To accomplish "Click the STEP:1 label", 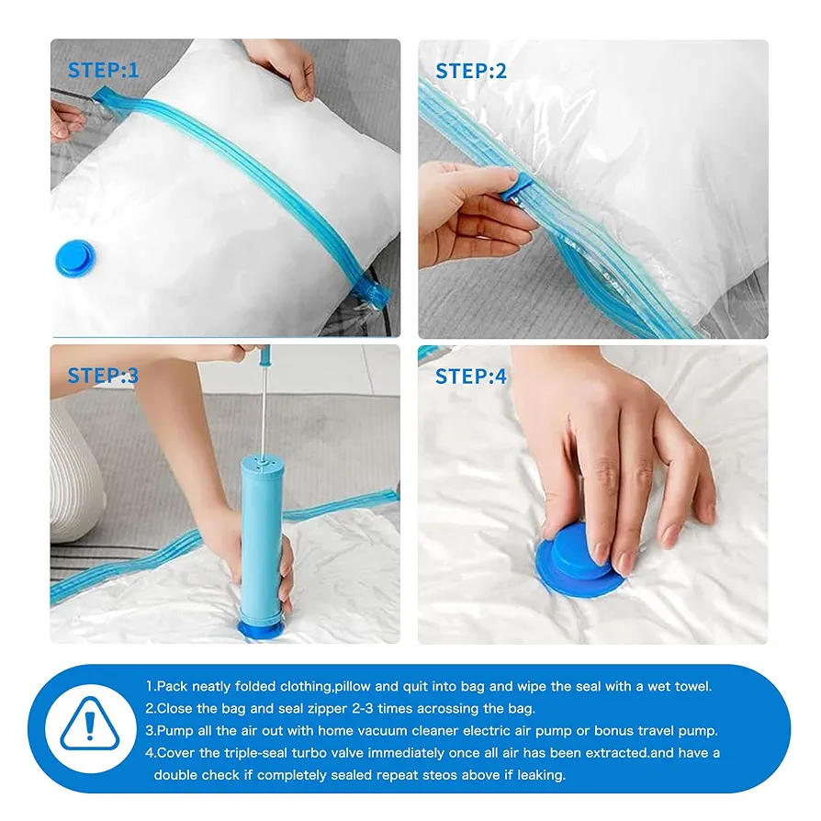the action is [x=103, y=70].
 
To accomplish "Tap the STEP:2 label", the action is [x=471, y=72].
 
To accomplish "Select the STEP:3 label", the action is [x=103, y=376].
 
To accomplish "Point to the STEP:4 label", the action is [x=471, y=377].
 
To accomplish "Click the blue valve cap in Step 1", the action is [x=75, y=258].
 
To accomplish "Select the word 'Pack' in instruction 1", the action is [x=172, y=686].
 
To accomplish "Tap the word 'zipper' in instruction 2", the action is [x=327, y=710].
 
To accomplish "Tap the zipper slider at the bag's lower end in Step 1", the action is [x=372, y=290].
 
